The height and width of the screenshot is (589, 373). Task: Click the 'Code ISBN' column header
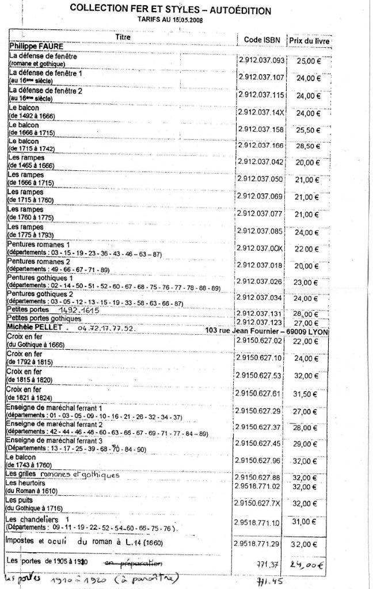click(x=258, y=39)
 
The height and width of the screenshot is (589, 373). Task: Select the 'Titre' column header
click(x=123, y=37)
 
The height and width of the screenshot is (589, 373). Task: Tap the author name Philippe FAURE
click(x=36, y=45)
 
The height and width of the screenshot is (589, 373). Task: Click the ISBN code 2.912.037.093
click(x=261, y=60)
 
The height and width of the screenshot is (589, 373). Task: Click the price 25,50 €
click(x=308, y=130)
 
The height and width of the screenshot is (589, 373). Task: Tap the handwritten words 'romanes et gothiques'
click(x=81, y=475)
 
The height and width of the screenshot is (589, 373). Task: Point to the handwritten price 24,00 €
click(x=320, y=563)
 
